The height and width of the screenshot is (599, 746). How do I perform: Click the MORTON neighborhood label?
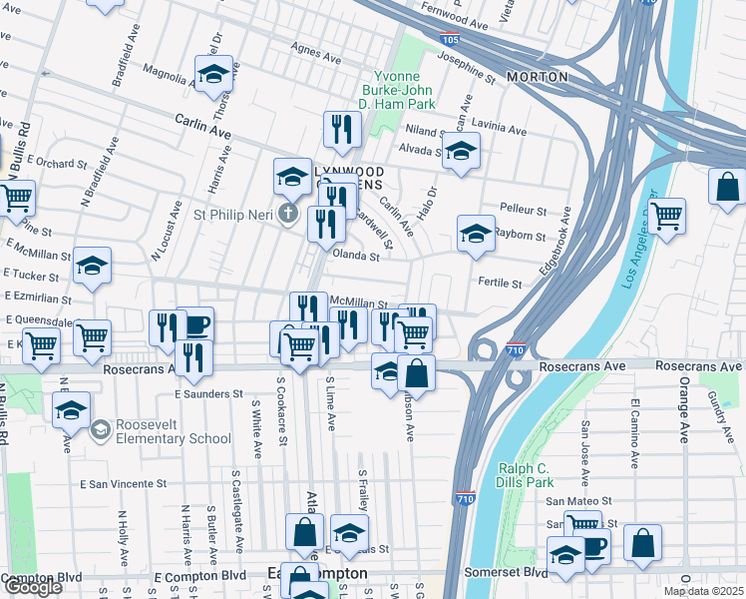(x=537, y=77)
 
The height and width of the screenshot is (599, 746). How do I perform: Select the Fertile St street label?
(x=501, y=284)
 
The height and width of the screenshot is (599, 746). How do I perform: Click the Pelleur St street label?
(x=524, y=212)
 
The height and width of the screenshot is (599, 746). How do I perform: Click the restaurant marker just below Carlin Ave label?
(x=341, y=129)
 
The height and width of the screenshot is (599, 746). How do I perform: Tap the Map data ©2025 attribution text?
(x=703, y=591)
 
